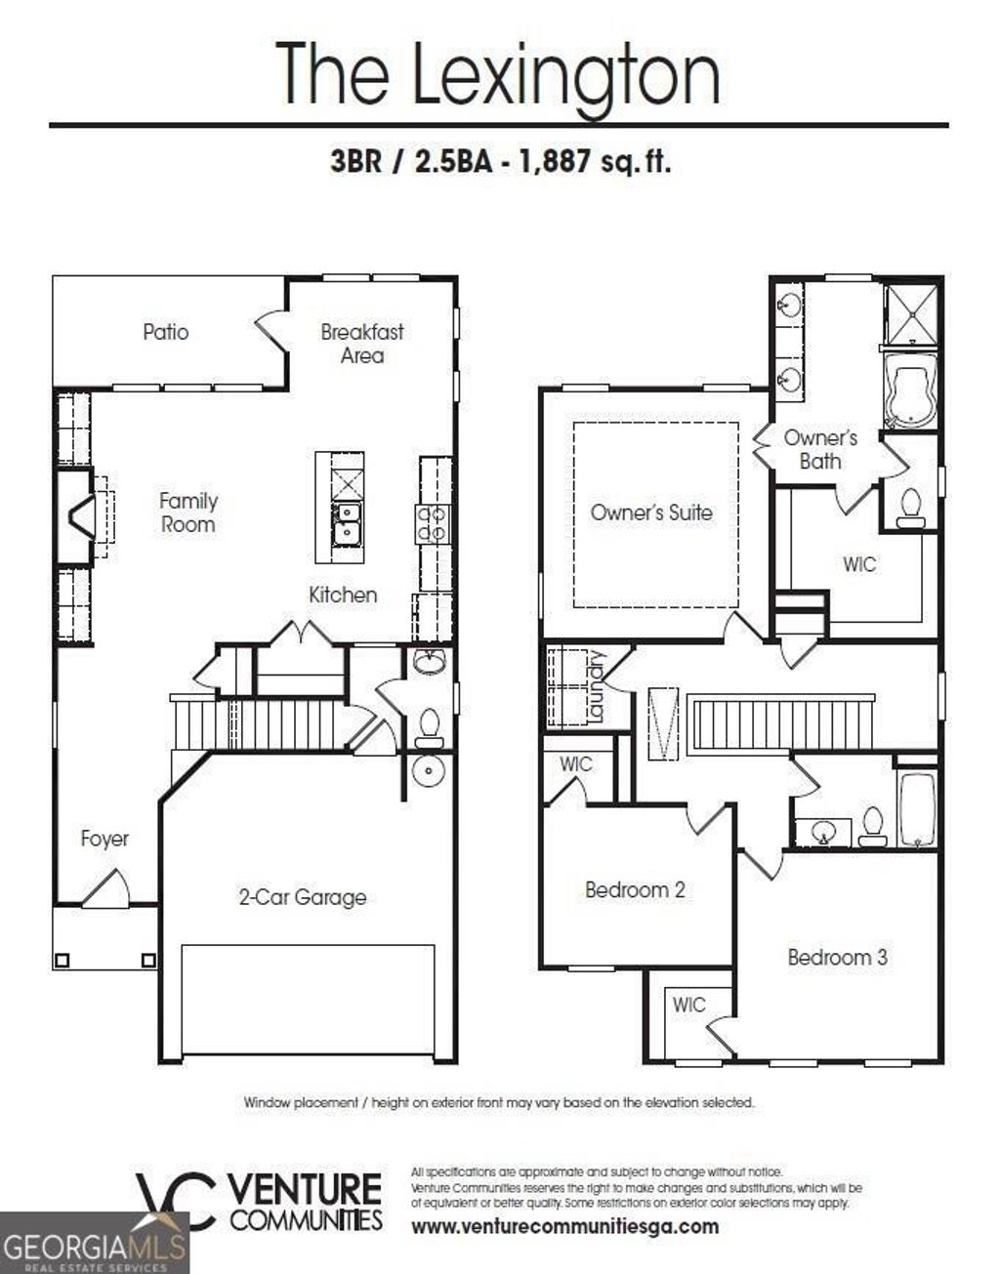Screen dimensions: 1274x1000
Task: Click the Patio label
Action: (x=165, y=332)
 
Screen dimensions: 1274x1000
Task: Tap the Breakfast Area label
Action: (x=362, y=344)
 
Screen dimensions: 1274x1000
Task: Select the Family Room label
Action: (x=188, y=513)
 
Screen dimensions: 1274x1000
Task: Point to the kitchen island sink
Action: (x=345, y=522)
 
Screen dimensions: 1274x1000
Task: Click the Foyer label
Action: (x=104, y=839)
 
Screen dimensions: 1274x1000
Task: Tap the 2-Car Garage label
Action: (x=303, y=897)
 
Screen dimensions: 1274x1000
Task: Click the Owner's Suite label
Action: (x=651, y=513)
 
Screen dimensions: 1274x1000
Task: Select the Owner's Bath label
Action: (x=820, y=449)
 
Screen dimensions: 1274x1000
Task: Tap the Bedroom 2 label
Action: (x=635, y=889)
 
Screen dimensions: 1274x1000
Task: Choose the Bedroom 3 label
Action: (x=838, y=957)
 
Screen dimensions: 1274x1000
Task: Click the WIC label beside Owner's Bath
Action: (x=859, y=564)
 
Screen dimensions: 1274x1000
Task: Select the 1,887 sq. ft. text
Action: (x=595, y=161)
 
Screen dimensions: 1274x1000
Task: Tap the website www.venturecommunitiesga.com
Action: (x=564, y=1227)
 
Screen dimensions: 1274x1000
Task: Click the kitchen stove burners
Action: (x=434, y=523)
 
